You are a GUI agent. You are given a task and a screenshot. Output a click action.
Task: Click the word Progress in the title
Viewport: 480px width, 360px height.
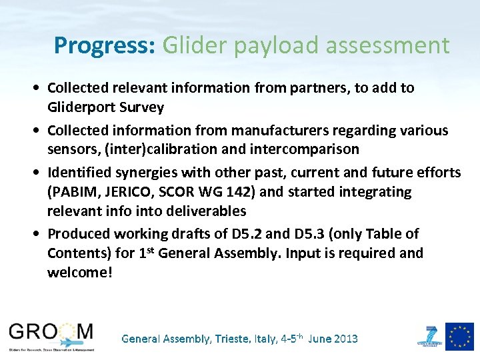(104, 45)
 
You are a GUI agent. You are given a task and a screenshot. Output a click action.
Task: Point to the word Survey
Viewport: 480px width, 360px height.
(142, 107)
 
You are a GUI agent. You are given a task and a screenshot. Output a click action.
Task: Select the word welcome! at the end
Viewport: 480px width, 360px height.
(80, 273)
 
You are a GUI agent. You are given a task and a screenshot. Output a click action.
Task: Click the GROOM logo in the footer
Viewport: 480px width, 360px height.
(52, 335)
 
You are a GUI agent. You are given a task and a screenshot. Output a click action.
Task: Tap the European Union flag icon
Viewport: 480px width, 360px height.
(459, 336)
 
